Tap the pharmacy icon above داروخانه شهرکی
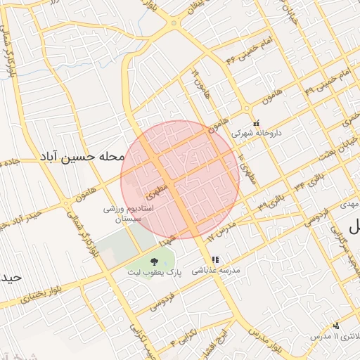[x=256, y=122]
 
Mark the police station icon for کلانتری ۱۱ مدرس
[x=336, y=326]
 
